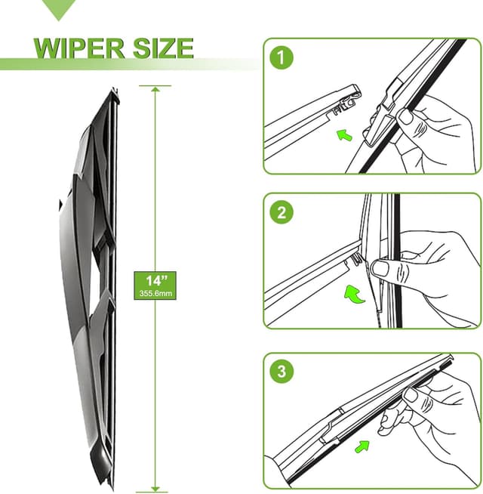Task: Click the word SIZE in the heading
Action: coord(163,48)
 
